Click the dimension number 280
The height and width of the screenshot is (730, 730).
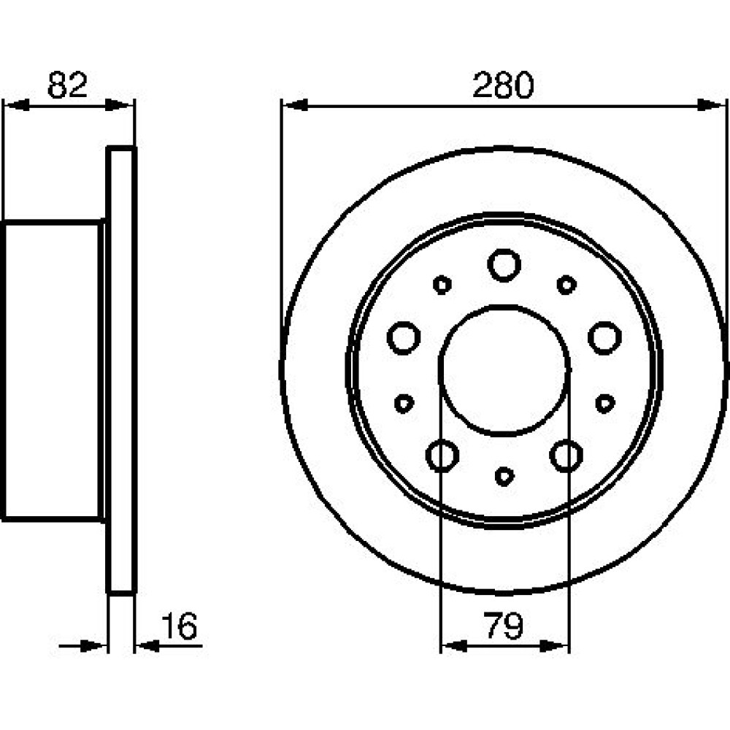pos(503,85)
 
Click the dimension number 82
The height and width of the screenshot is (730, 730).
pos(67,85)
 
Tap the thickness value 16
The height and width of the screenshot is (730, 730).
pos(180,626)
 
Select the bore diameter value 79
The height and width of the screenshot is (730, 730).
pos(504,626)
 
